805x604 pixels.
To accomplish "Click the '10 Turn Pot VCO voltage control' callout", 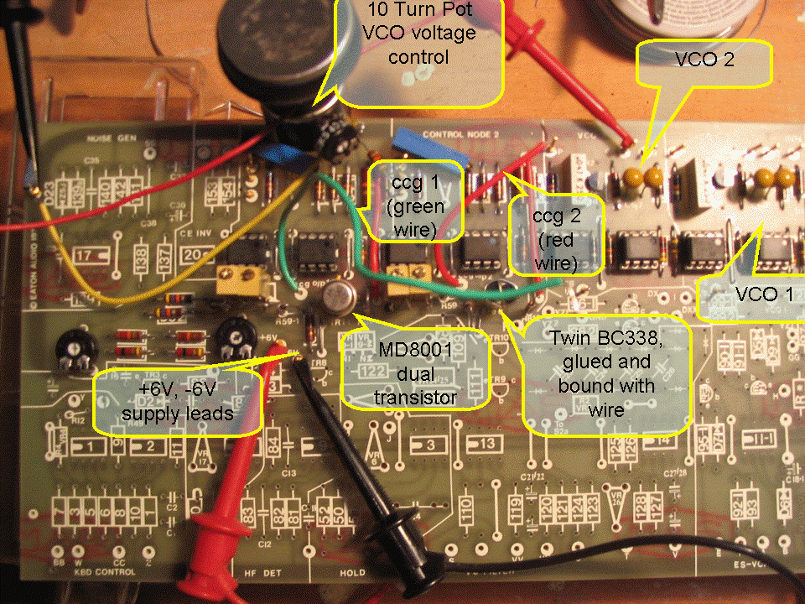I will point(419,46).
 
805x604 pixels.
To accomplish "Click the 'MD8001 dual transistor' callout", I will point(414,370).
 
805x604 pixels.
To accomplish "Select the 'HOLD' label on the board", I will point(352,573).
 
